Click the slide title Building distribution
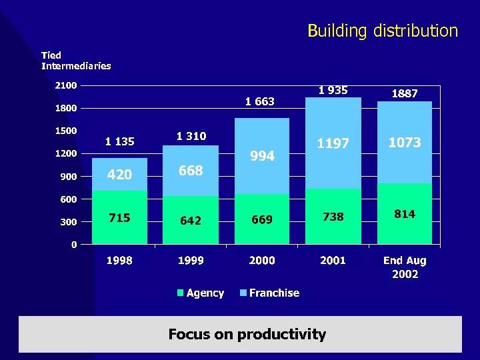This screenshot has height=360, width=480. click(382, 31)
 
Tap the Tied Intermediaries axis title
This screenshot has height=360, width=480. click(76, 61)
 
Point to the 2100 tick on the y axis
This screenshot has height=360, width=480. click(65, 85)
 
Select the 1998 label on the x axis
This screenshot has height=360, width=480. click(119, 260)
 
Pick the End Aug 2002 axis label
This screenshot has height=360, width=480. click(405, 267)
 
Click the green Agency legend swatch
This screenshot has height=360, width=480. click(181, 293)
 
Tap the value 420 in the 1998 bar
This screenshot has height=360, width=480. click(119, 175)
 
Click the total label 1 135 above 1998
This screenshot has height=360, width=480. click(119, 141)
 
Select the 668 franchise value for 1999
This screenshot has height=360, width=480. click(191, 171)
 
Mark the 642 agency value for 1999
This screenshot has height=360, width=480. click(191, 220)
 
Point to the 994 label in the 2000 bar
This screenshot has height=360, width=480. click(262, 156)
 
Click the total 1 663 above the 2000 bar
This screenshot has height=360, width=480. click(259, 101)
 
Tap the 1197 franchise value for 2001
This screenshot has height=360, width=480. click(333, 143)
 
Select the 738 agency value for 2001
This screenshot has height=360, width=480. click(333, 217)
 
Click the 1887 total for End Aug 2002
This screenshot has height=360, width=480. click(405, 94)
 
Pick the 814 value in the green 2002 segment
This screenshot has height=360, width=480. click(405, 214)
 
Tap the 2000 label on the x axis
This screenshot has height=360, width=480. click(262, 260)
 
